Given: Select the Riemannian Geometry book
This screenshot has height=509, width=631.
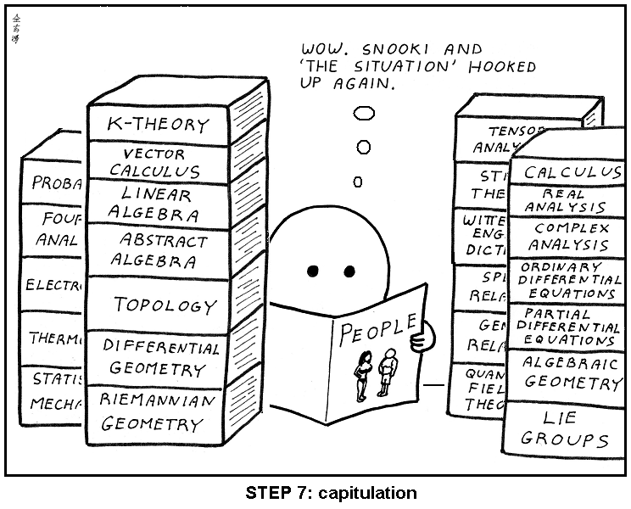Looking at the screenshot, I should pos(159,411).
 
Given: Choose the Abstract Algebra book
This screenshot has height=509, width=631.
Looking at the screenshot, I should pos(161,249).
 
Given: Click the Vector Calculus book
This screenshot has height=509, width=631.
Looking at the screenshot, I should pos(155,164).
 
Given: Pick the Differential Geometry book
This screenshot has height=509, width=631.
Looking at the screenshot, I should pos(161,359).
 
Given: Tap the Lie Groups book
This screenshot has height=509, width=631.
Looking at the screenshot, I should pos(564,428).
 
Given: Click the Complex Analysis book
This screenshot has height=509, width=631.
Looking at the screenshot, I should pos(570,237).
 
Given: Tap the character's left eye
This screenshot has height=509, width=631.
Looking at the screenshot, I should pos(312,271).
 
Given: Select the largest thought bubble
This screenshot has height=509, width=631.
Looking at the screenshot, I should pos(364,112).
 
